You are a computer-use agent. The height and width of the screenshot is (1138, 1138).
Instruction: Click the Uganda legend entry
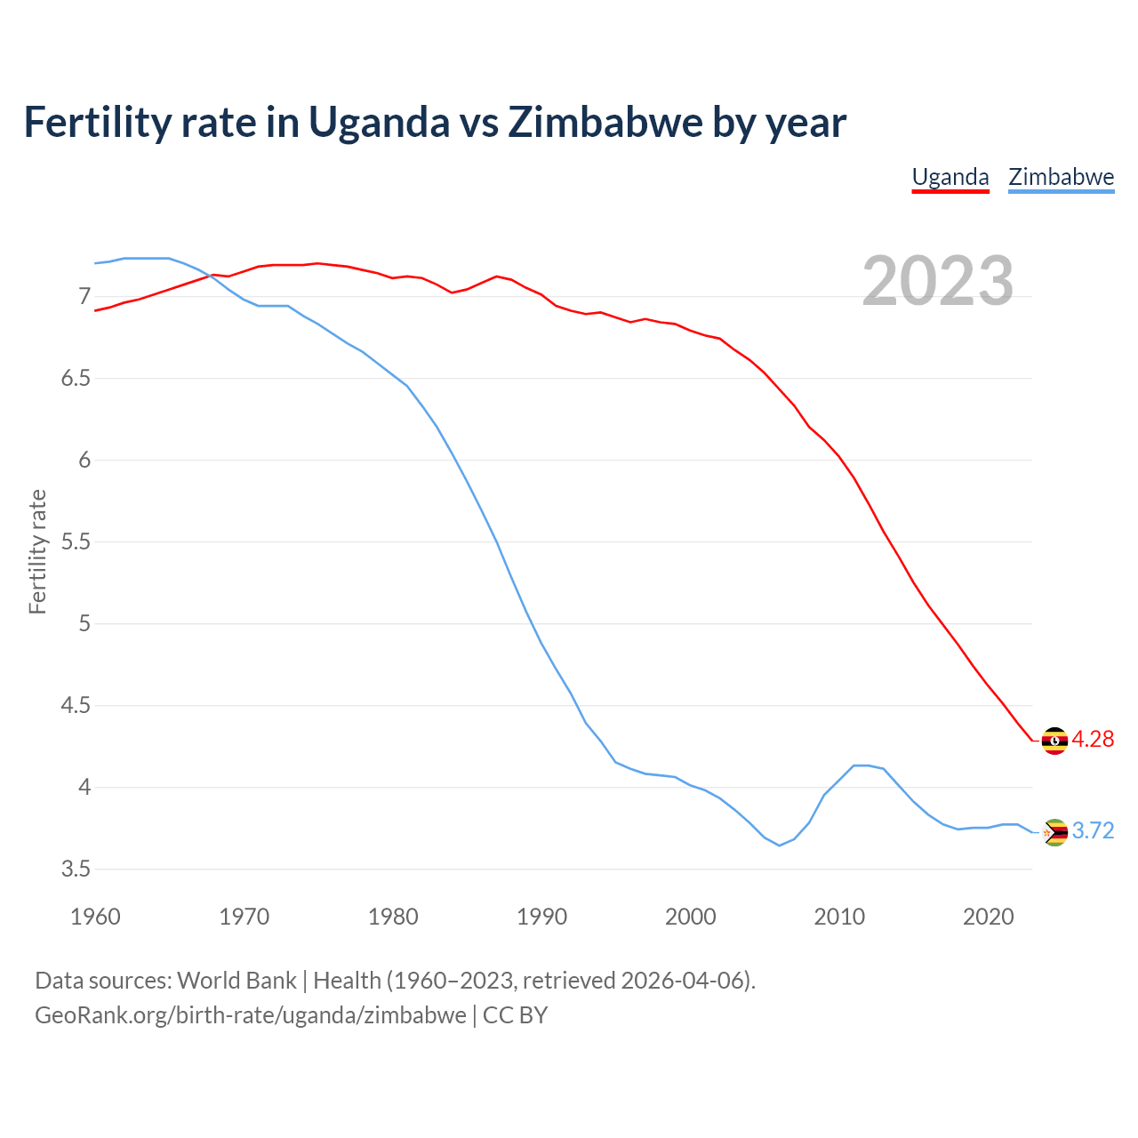pyautogui.click(x=950, y=177)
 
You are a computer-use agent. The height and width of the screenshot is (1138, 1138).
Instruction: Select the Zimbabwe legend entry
pyautogui.click(x=1061, y=177)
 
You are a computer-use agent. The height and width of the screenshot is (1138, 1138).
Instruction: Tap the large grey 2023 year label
pyautogui.click(x=938, y=281)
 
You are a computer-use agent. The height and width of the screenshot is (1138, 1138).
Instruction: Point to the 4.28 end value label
pyautogui.click(x=1093, y=739)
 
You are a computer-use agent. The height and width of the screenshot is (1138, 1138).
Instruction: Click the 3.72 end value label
pyautogui.click(x=1093, y=830)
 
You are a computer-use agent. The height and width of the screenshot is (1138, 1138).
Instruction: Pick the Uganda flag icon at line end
pyautogui.click(x=1054, y=740)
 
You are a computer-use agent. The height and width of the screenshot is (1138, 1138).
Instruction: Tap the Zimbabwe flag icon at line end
pyautogui.click(x=1054, y=832)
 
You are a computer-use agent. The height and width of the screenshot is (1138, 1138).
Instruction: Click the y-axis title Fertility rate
pyautogui.click(x=37, y=551)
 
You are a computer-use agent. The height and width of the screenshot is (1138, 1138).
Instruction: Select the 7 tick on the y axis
pyautogui.click(x=84, y=296)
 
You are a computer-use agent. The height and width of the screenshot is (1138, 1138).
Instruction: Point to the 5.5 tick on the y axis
pyautogui.click(x=76, y=541)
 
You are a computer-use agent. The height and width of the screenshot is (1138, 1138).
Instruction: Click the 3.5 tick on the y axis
pyautogui.click(x=76, y=869)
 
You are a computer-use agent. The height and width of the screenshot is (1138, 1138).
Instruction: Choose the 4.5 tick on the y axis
pyautogui.click(x=76, y=705)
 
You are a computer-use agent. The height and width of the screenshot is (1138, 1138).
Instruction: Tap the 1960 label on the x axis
pyautogui.click(x=95, y=916)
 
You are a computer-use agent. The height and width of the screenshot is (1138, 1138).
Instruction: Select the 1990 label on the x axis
pyautogui.click(x=541, y=916)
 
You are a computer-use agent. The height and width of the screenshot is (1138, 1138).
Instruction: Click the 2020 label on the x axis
pyautogui.click(x=988, y=916)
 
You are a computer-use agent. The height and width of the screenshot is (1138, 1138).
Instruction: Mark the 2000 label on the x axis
pyautogui.click(x=690, y=916)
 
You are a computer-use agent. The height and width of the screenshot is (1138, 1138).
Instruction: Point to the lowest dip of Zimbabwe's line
pyautogui.click(x=780, y=845)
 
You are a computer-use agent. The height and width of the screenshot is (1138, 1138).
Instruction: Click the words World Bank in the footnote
pyautogui.click(x=236, y=980)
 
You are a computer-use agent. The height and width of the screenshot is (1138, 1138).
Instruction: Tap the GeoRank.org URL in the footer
pyautogui.click(x=250, y=1015)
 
